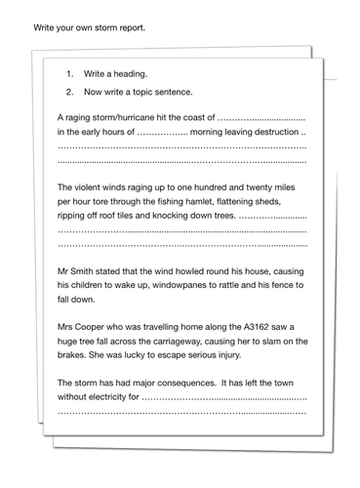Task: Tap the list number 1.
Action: pyautogui.click(x=69, y=74)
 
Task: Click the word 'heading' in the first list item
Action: pyautogui.click(x=127, y=74)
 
